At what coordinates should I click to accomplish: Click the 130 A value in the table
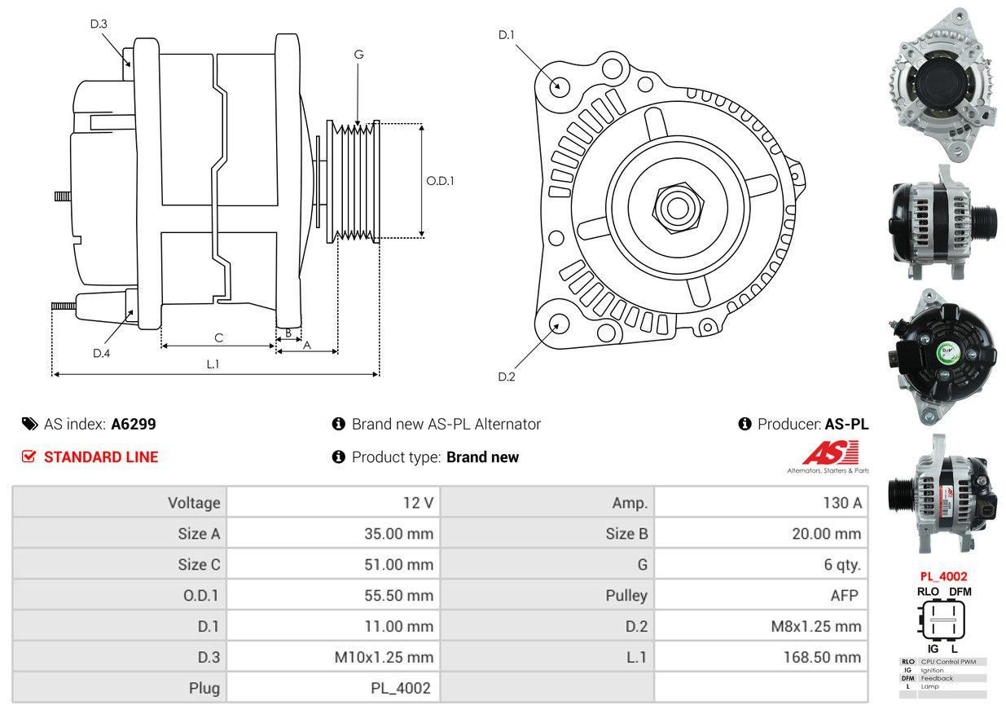point(841,503)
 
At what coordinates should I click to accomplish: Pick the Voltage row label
point(194,503)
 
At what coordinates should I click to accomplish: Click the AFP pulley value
point(844,595)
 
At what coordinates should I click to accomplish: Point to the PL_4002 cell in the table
point(400,688)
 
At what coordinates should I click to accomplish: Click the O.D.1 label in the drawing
point(440,181)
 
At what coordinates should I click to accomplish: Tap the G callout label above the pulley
point(358,55)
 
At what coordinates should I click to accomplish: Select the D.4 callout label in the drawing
point(101,353)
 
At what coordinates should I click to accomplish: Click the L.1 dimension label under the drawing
point(213,364)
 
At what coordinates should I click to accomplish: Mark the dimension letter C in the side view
point(218,337)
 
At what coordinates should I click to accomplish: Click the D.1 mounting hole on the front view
point(559,85)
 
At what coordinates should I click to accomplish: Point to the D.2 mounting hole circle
point(558,324)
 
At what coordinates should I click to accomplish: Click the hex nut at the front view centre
point(674,206)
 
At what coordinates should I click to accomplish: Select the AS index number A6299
point(134,424)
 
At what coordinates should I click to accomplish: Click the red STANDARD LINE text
point(101,457)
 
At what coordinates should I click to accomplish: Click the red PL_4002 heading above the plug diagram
point(943,576)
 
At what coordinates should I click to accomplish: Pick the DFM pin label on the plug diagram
point(959,592)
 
